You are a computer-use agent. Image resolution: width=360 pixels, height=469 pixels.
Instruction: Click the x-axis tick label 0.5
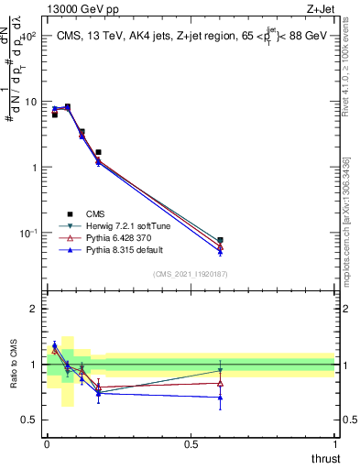click(x=191, y=443)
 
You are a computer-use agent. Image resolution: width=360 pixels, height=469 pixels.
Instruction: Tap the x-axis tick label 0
click(x=47, y=443)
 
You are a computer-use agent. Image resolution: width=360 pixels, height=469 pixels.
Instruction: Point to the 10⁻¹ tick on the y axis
click(x=30, y=233)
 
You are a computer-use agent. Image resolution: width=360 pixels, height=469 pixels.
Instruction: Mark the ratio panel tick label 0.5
click(x=31, y=420)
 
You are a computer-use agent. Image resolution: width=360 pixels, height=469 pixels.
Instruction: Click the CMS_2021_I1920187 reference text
click(x=191, y=273)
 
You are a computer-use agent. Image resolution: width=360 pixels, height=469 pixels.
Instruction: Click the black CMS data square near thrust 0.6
click(x=220, y=240)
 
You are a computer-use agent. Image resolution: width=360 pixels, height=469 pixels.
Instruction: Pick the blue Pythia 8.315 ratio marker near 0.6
click(x=220, y=398)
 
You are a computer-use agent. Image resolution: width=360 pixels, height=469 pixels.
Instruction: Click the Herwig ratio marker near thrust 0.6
click(x=220, y=370)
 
